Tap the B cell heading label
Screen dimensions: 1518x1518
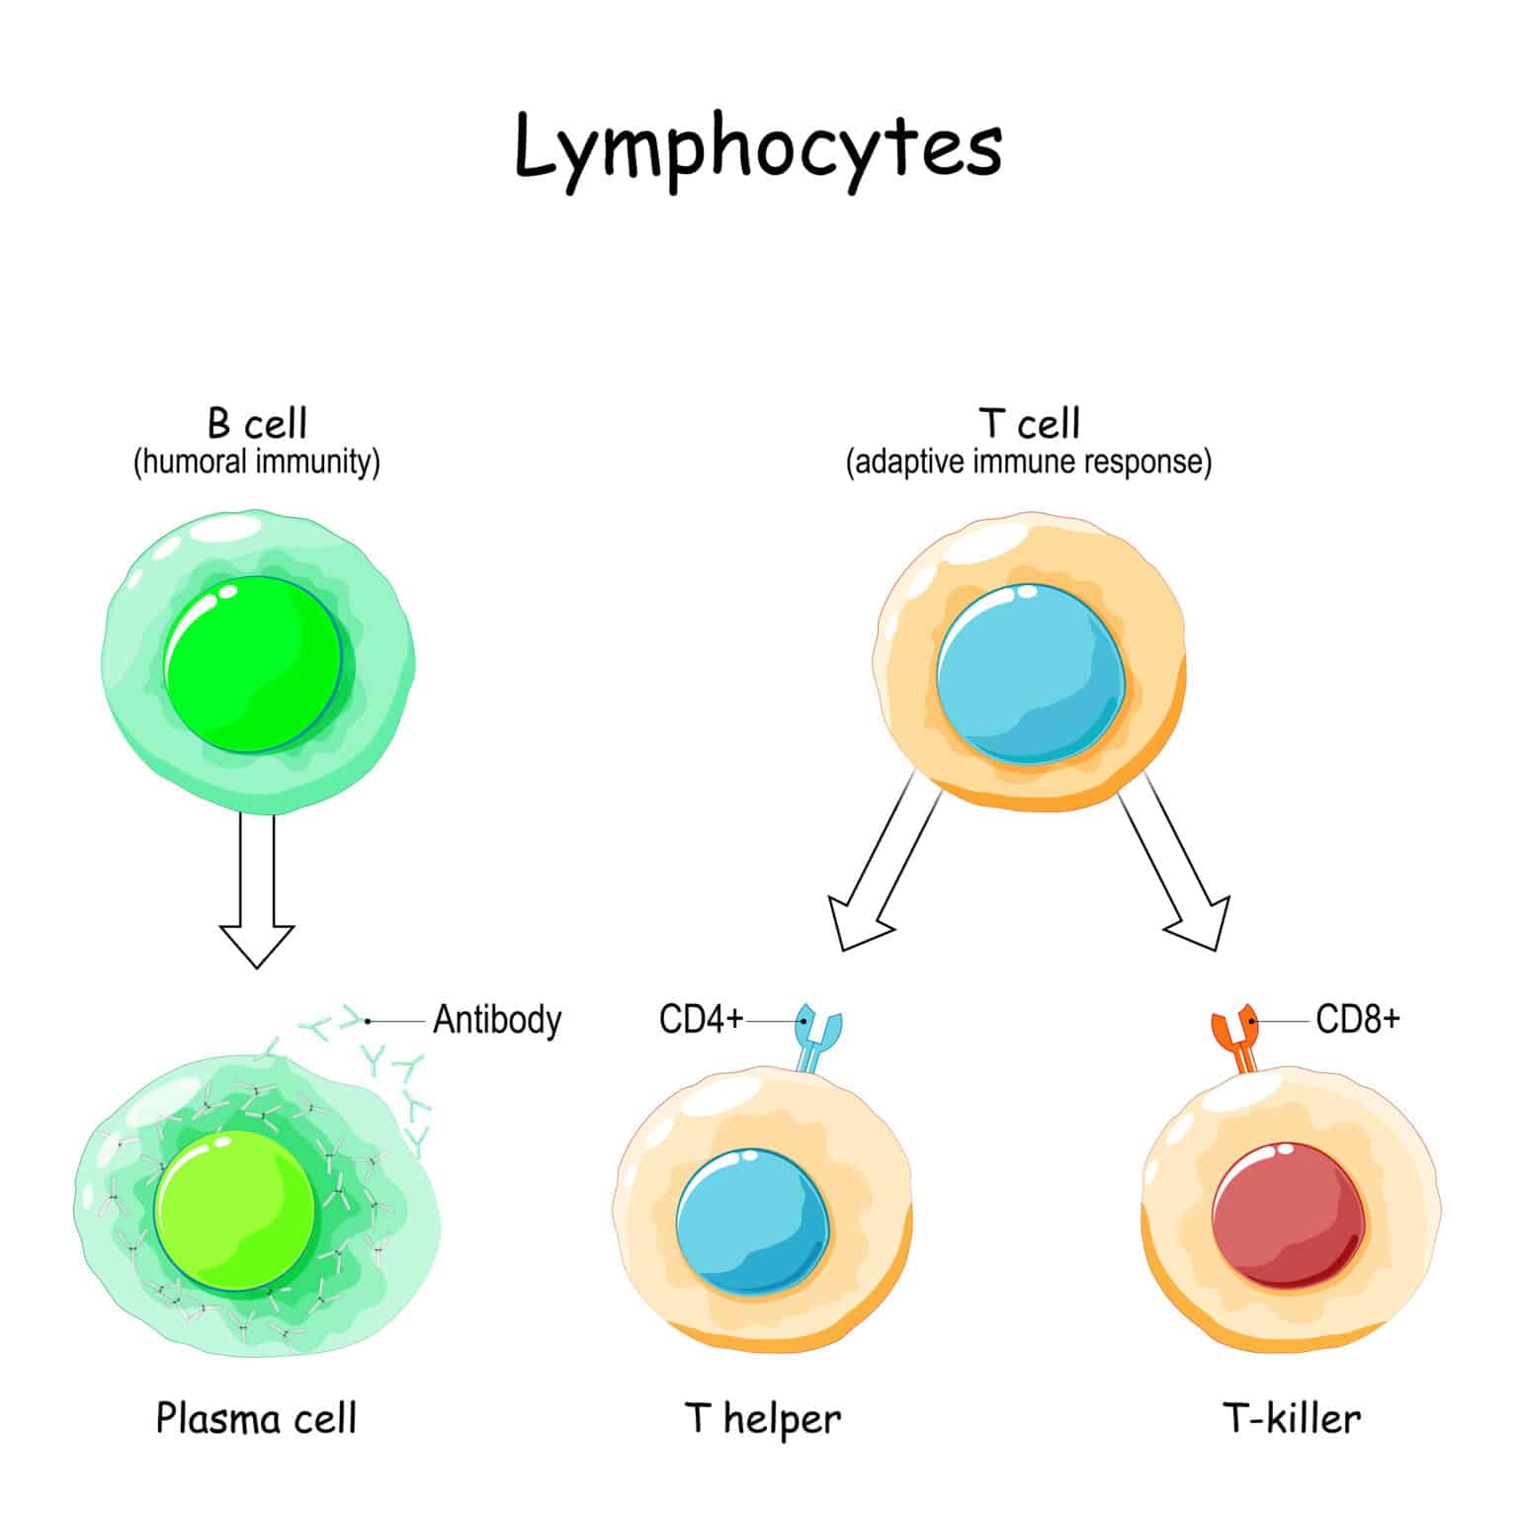(x=257, y=424)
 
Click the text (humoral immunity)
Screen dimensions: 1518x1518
(x=257, y=462)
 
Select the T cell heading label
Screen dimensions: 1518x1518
(x=1029, y=424)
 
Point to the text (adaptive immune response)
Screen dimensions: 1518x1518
(x=1029, y=462)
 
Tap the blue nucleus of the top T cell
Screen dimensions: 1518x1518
(x=1029, y=673)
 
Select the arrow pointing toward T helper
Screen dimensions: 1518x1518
(x=880, y=870)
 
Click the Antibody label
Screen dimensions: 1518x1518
(x=497, y=1019)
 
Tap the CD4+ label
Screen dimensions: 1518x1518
(x=701, y=1019)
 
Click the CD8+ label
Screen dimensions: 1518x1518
(x=1358, y=1019)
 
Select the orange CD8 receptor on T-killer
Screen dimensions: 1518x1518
(x=1236, y=1038)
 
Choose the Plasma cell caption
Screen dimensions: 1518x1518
(x=256, y=1419)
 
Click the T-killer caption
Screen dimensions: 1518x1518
(x=1292, y=1419)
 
